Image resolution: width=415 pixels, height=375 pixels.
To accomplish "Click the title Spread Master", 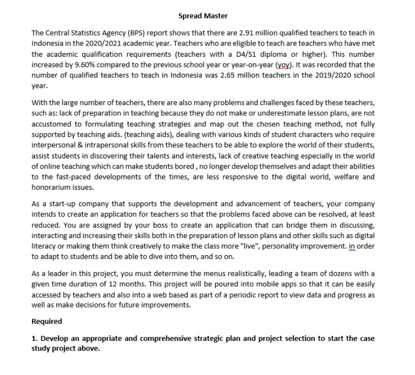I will click(203, 16).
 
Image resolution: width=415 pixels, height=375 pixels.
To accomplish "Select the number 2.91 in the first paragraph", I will click(246, 33).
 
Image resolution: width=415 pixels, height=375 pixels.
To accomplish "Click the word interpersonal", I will click(54, 145).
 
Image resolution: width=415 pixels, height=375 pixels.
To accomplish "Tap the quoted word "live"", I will click(271, 246).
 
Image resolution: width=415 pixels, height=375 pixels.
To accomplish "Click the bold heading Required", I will click(47, 322).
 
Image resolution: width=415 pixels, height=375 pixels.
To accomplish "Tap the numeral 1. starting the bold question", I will click(34, 339).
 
